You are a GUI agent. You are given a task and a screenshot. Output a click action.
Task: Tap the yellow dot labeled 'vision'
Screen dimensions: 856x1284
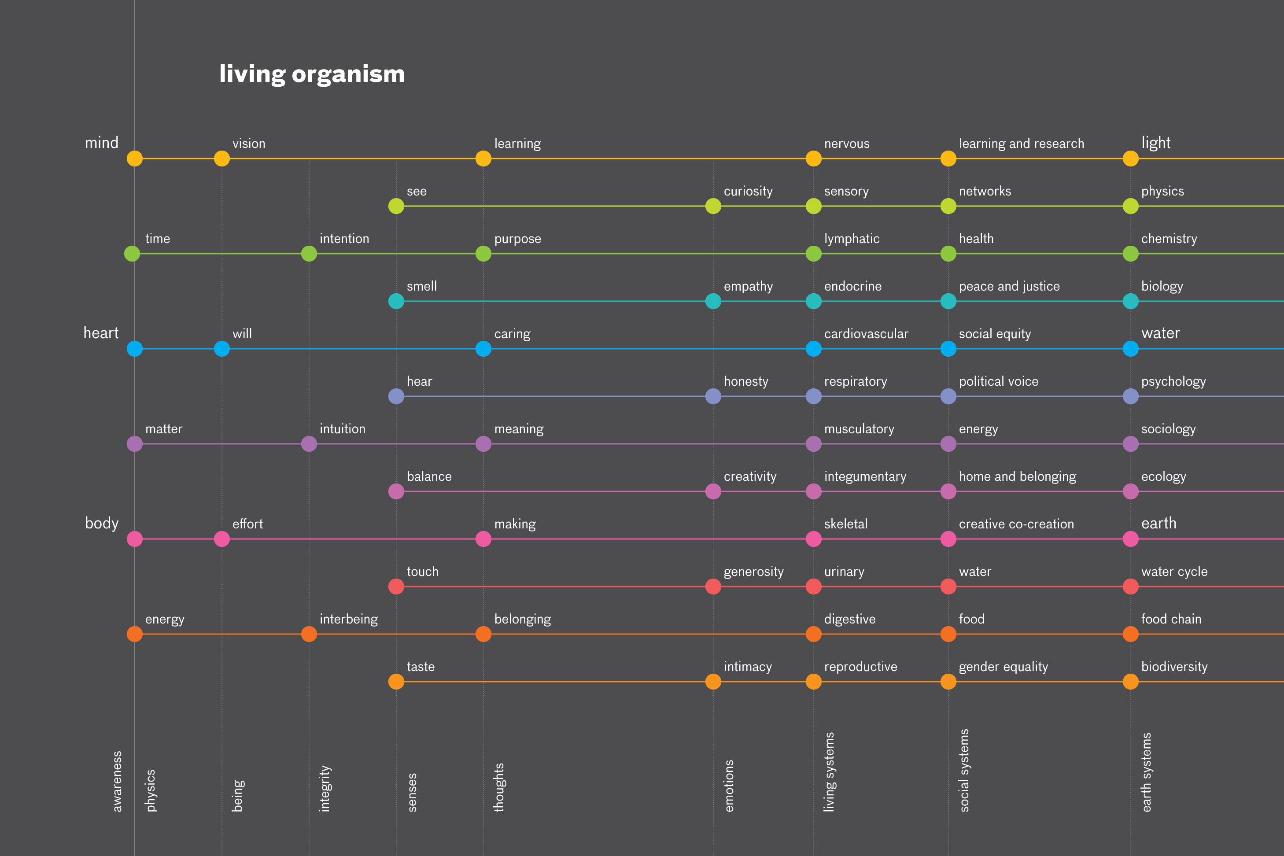(x=221, y=159)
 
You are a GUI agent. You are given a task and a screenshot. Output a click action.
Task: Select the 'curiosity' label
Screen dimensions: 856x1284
(x=748, y=192)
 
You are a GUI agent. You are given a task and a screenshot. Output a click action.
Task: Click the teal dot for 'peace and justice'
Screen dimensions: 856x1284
(x=948, y=301)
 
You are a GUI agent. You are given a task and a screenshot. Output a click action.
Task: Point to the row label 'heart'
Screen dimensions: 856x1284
(x=101, y=333)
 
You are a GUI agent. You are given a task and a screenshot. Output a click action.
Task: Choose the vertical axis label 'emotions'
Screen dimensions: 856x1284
(x=729, y=786)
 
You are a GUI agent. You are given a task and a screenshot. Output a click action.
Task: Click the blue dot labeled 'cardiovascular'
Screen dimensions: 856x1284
(x=813, y=349)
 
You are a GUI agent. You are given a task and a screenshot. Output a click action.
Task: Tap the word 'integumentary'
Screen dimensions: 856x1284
(x=865, y=476)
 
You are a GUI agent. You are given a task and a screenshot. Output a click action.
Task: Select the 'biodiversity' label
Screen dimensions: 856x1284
(x=1174, y=667)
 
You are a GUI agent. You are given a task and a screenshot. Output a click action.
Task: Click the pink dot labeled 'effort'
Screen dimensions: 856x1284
(x=221, y=539)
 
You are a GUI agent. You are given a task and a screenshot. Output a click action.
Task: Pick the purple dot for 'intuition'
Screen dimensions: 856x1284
(x=309, y=444)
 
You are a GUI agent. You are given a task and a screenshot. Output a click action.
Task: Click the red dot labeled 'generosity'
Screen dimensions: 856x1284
(x=713, y=587)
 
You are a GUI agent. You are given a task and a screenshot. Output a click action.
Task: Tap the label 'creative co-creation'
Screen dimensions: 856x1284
(x=1016, y=524)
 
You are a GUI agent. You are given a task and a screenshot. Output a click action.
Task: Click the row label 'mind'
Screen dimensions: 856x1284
(x=102, y=143)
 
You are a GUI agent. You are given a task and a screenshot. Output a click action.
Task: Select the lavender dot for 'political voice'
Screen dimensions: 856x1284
(x=948, y=396)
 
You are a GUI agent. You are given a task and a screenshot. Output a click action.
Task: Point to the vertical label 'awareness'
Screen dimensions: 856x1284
(x=117, y=781)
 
